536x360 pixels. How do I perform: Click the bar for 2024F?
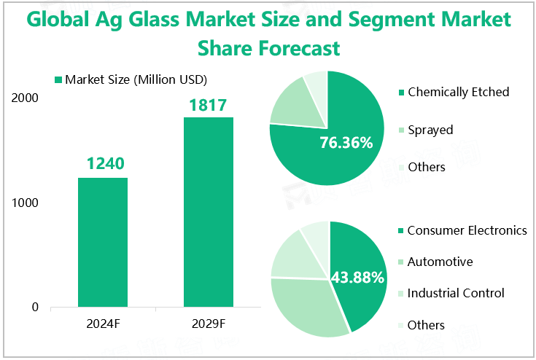point(103,242)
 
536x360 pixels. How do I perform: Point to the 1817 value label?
point(209,104)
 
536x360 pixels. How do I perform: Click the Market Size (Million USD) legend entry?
point(131,79)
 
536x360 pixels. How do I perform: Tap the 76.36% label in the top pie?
point(346,143)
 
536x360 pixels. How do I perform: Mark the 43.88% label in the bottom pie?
point(357,277)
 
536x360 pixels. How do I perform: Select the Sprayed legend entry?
point(430,130)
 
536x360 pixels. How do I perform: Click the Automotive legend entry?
point(440,262)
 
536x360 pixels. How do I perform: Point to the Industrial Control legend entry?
point(456,293)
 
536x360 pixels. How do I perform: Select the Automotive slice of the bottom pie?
point(303,306)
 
